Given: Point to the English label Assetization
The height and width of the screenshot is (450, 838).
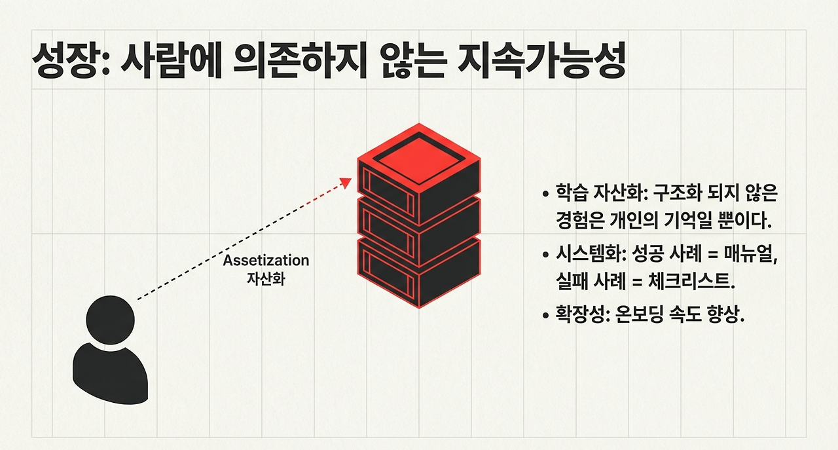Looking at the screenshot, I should [x=266, y=261].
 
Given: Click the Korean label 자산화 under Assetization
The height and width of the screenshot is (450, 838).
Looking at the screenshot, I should [x=266, y=276].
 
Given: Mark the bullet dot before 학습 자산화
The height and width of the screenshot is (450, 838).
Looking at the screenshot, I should [x=545, y=195].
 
